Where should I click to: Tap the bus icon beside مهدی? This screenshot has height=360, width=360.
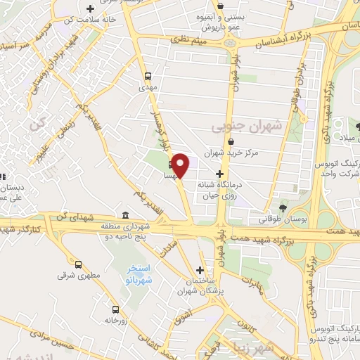pos(148,77)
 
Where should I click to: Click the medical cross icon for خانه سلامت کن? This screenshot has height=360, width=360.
pos(90,9)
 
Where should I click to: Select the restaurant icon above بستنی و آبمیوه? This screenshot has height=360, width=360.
pos(221,5)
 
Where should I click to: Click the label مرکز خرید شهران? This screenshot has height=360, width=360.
pos(231,152)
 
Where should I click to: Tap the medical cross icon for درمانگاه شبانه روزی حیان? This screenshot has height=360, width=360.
pos(220,174)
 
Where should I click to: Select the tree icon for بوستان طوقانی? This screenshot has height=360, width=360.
pos(283,207)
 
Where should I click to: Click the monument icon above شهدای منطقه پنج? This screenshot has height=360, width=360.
pos(125,215)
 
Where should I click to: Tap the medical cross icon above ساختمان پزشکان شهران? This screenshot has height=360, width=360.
pos(200,270)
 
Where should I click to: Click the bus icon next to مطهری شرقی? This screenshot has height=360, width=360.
pos(78,265)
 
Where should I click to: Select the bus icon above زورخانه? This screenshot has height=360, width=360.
pos(115,309)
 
